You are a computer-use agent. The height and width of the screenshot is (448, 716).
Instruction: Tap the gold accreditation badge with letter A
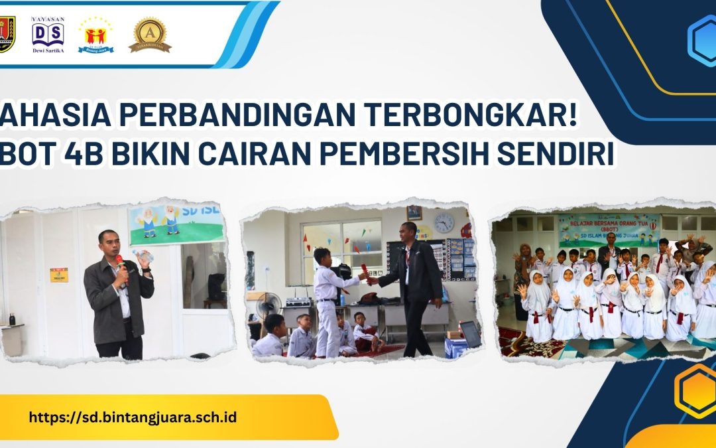click(x=150, y=34)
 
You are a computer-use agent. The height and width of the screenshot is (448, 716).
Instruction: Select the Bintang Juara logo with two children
click(x=96, y=35)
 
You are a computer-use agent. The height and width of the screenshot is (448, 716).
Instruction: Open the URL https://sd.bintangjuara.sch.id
click(x=133, y=418)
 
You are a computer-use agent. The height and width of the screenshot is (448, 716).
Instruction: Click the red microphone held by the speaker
click(x=120, y=265)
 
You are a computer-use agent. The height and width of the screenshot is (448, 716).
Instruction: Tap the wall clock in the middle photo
click(x=444, y=223)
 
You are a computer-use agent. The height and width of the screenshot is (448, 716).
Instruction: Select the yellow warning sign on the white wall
click(x=59, y=275)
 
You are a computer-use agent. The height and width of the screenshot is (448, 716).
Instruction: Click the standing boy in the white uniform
click(x=328, y=299)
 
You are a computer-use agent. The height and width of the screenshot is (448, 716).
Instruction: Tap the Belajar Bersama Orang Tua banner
click(x=608, y=229)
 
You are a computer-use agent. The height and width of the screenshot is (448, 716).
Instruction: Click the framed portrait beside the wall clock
click(x=414, y=212)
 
